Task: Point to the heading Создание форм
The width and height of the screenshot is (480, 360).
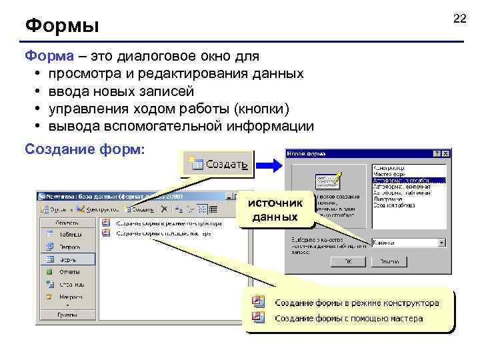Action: tap(84, 149)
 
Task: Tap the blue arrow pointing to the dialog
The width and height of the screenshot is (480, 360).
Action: tap(270, 164)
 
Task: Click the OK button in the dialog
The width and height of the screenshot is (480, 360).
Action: tap(348, 261)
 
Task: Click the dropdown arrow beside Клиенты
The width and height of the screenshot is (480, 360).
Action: tap(441, 243)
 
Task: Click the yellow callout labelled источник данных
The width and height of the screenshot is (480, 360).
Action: tap(275, 210)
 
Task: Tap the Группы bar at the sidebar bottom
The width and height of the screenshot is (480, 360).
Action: tap(67, 313)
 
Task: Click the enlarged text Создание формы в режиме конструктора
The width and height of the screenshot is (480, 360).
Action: tap(357, 303)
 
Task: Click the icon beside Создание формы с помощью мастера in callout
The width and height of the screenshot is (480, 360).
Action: tap(259, 317)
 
